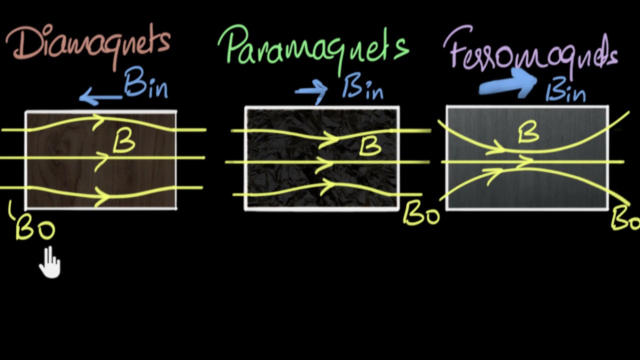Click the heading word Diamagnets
(88, 44)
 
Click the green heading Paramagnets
(313, 46)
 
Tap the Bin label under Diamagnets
(145, 83)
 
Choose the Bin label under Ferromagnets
(565, 91)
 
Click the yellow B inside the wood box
(123, 142)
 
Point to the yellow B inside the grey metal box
(528, 132)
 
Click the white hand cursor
(49, 262)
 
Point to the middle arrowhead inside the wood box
(102, 159)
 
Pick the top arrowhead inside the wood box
(98, 120)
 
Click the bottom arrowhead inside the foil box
(327, 188)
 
